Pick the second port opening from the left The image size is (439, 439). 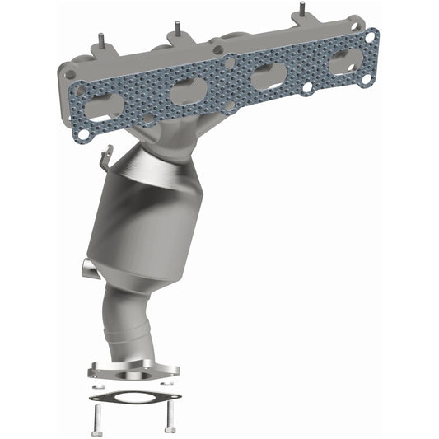[186, 91]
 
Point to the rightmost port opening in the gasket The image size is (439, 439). [343, 61]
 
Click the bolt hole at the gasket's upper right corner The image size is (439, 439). [371, 36]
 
